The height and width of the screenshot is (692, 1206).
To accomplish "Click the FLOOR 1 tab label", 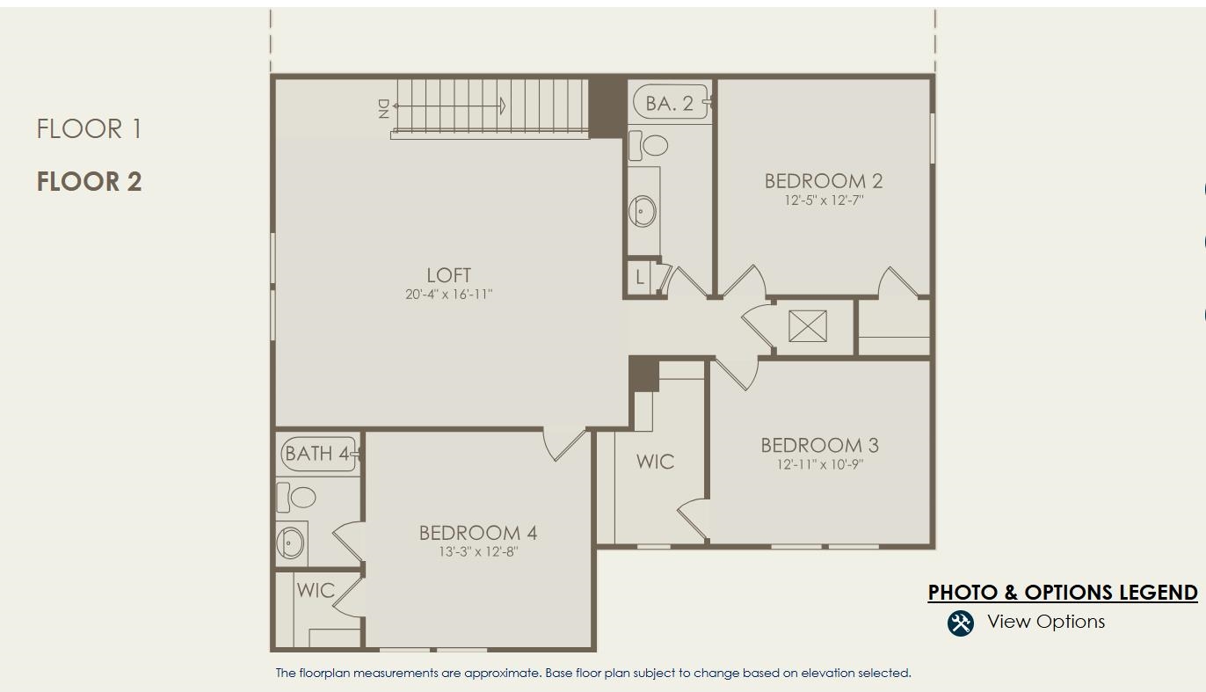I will point(89,129).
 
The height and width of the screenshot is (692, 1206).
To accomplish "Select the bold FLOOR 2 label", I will point(89,182).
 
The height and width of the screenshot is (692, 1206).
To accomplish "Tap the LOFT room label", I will point(448,275).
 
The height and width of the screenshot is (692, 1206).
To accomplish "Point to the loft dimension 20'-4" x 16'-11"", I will point(448,295).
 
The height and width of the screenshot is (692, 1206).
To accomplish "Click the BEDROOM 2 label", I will point(823,181).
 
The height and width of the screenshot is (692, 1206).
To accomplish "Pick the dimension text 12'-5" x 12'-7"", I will point(824,200).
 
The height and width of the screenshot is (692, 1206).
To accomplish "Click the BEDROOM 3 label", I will point(819,446).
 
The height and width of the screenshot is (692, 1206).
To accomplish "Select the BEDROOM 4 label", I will point(478,533).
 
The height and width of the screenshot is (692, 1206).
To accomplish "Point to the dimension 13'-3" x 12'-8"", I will point(478,552).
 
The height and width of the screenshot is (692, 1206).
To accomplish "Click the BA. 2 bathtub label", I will point(669,104).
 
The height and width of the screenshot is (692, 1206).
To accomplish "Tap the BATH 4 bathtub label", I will point(317,454).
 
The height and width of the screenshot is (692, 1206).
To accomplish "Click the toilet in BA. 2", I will point(651,144).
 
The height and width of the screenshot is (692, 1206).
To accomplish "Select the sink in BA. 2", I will point(643,211).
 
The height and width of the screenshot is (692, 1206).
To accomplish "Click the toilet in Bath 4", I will point(299,498).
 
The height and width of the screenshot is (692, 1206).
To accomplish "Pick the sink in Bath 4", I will point(290,541).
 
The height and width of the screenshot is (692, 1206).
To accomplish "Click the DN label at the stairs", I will point(383,108).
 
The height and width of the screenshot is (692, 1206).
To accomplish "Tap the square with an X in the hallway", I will point(807,326).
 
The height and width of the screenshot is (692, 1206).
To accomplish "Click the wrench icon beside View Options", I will point(960,623).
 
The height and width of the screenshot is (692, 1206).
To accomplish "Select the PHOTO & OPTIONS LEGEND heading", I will point(1062,593).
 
